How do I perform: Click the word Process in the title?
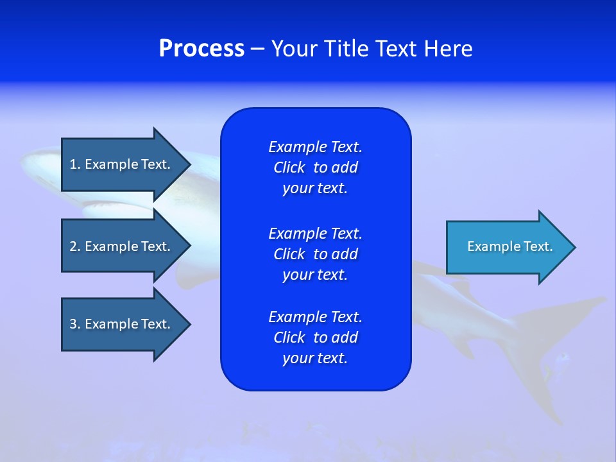(201, 49)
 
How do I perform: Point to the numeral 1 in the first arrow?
(73, 164)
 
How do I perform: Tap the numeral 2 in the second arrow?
(73, 246)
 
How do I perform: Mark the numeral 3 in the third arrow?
(73, 324)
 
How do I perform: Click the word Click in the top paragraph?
(289, 167)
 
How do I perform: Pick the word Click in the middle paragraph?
(289, 254)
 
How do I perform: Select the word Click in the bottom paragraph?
(289, 338)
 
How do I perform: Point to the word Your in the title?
(293, 49)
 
